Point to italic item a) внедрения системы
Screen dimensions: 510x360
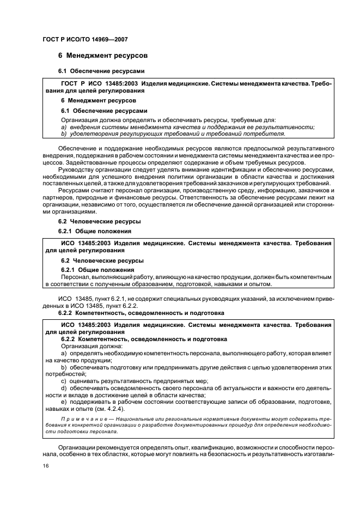[93, 126]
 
